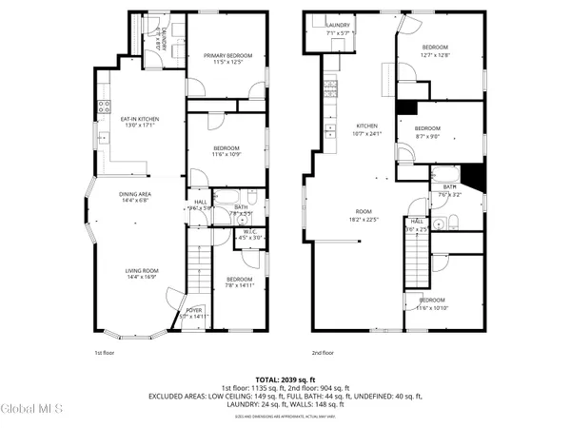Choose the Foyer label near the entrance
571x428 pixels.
click(x=194, y=311)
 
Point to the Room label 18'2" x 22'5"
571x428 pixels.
click(x=364, y=215)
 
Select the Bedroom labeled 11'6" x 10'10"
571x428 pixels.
click(x=431, y=304)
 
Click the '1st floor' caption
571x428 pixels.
click(x=105, y=353)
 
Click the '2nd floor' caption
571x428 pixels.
click(x=321, y=353)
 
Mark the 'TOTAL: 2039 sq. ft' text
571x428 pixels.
click(x=285, y=379)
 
